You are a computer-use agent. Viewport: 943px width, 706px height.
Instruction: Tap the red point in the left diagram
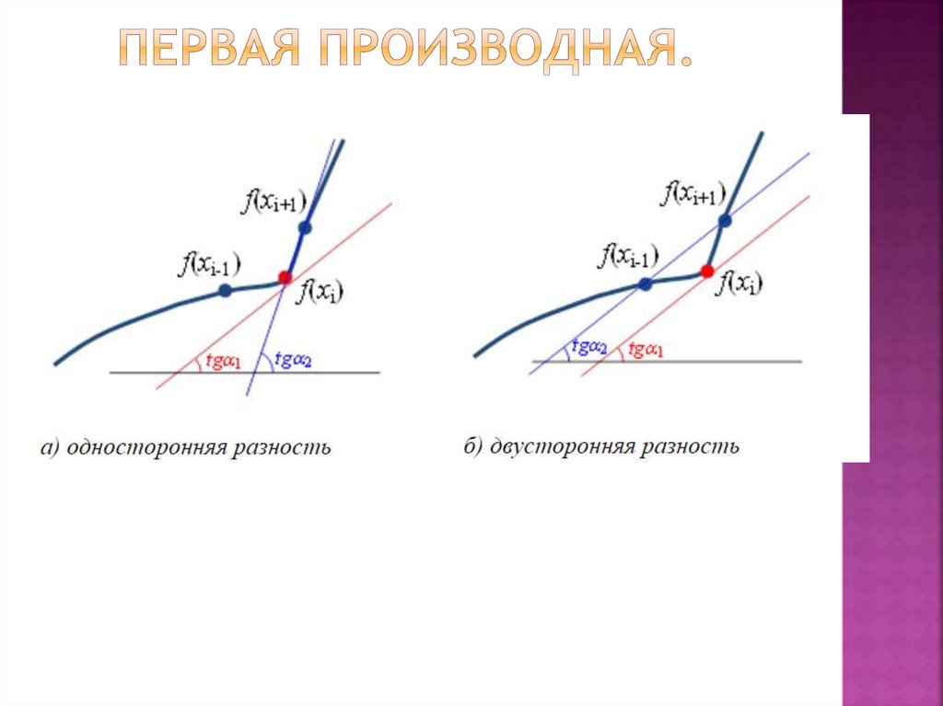coord(285,277)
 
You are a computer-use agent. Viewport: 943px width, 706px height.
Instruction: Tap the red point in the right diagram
coord(706,271)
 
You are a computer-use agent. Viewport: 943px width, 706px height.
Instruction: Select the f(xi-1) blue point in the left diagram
coord(225,291)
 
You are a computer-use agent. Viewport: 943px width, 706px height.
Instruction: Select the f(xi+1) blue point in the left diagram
coord(305,226)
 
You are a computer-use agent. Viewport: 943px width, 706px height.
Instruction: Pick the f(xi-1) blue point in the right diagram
coord(646,284)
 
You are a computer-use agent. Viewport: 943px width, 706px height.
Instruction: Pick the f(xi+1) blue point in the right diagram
coord(725,220)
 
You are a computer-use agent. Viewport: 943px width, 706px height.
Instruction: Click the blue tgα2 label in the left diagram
coord(294,360)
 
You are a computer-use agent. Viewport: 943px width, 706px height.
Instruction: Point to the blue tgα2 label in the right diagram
coord(588,348)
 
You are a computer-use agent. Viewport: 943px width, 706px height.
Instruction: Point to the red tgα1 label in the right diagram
coord(646,350)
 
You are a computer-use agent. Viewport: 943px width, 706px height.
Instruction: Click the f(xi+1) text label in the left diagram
coord(274,202)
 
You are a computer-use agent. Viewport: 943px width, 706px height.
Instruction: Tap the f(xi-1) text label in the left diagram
coord(211,265)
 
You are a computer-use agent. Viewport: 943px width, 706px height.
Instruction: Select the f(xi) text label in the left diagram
coord(320,294)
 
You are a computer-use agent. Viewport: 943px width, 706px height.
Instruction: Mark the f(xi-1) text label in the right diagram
coord(629,256)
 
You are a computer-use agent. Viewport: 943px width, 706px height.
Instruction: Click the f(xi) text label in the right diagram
coord(741,283)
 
